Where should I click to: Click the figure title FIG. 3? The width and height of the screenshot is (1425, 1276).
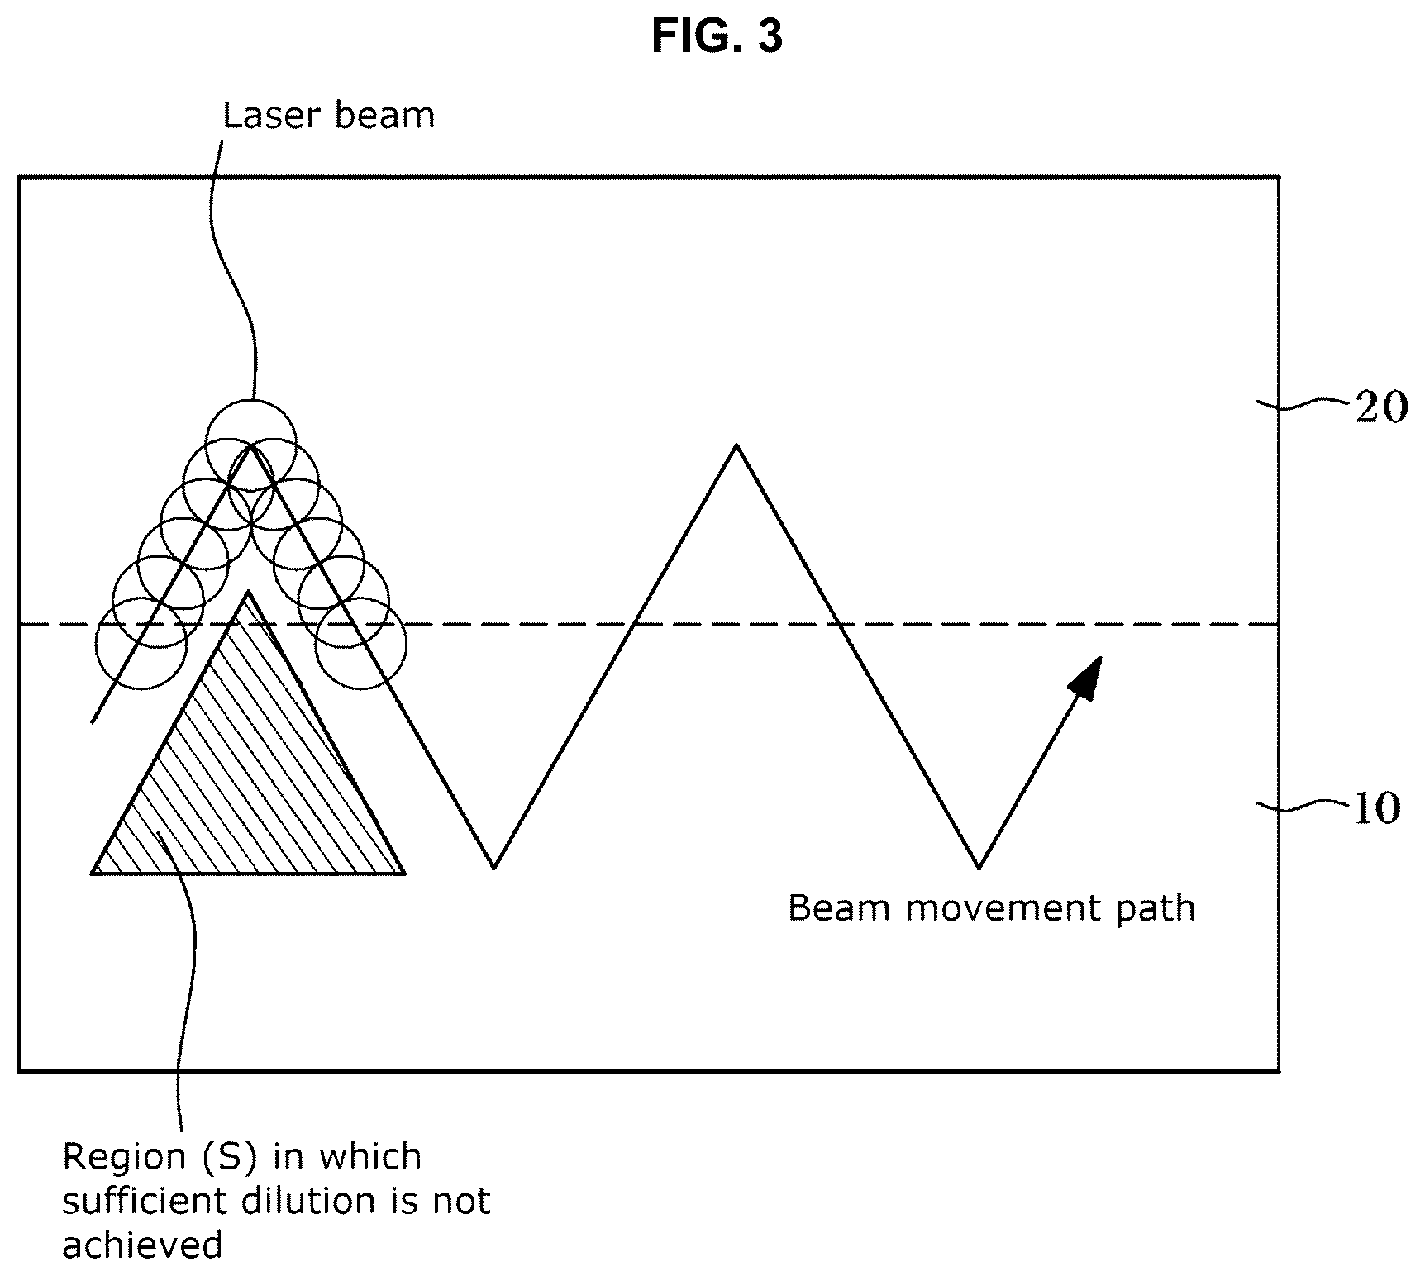click(x=717, y=37)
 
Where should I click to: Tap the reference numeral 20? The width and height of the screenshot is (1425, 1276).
click(x=1380, y=408)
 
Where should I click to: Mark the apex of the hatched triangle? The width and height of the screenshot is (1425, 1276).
click(x=248, y=591)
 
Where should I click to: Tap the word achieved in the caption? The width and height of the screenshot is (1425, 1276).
click(x=142, y=1245)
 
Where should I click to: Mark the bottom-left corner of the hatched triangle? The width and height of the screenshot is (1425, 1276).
click(x=92, y=873)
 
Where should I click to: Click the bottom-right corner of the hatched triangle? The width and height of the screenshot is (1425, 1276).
click(x=404, y=873)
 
